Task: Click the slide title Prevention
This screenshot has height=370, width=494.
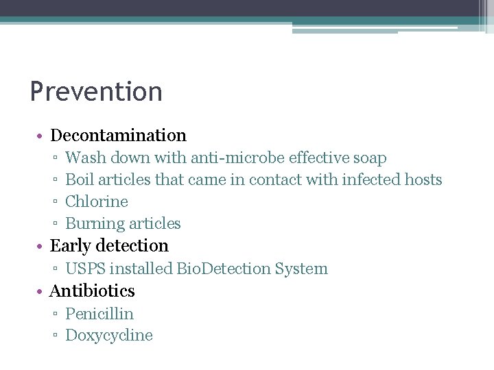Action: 96,92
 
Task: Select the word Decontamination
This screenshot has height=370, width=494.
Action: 118,136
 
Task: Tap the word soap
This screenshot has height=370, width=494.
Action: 370,158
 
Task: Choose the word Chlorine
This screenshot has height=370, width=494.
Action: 97,201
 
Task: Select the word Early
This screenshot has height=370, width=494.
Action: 70,246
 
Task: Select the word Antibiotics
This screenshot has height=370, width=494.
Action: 92,291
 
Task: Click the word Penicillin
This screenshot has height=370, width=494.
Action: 99,314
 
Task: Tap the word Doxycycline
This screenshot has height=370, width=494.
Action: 108,336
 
